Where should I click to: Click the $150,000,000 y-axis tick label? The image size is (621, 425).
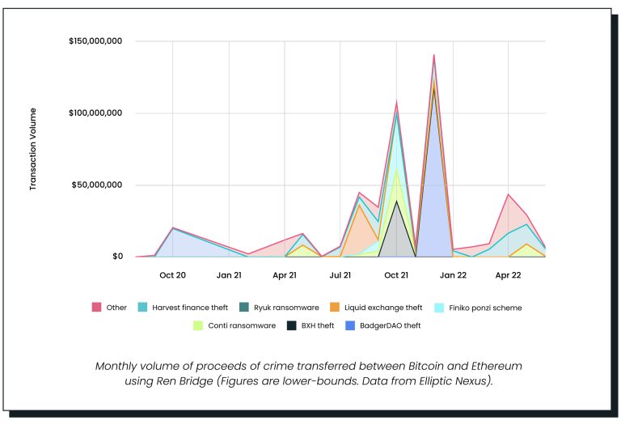(x=95, y=41)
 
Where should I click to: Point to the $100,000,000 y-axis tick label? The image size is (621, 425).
(x=95, y=113)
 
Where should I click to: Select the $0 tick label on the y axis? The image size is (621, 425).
(x=117, y=257)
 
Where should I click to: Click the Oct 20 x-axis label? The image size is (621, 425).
(x=172, y=275)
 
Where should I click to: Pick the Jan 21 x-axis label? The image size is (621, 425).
(x=229, y=275)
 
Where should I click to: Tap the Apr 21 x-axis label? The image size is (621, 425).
(x=285, y=275)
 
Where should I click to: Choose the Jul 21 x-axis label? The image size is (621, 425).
(x=340, y=275)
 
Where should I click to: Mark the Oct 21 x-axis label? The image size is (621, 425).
(x=396, y=275)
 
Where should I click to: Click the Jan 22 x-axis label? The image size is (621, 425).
(x=453, y=275)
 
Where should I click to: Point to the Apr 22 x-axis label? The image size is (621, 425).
(x=508, y=275)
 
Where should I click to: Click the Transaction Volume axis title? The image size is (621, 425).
(x=33, y=149)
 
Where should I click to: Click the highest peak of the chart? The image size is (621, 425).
(x=434, y=55)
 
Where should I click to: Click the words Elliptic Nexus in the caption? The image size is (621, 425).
(x=454, y=380)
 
